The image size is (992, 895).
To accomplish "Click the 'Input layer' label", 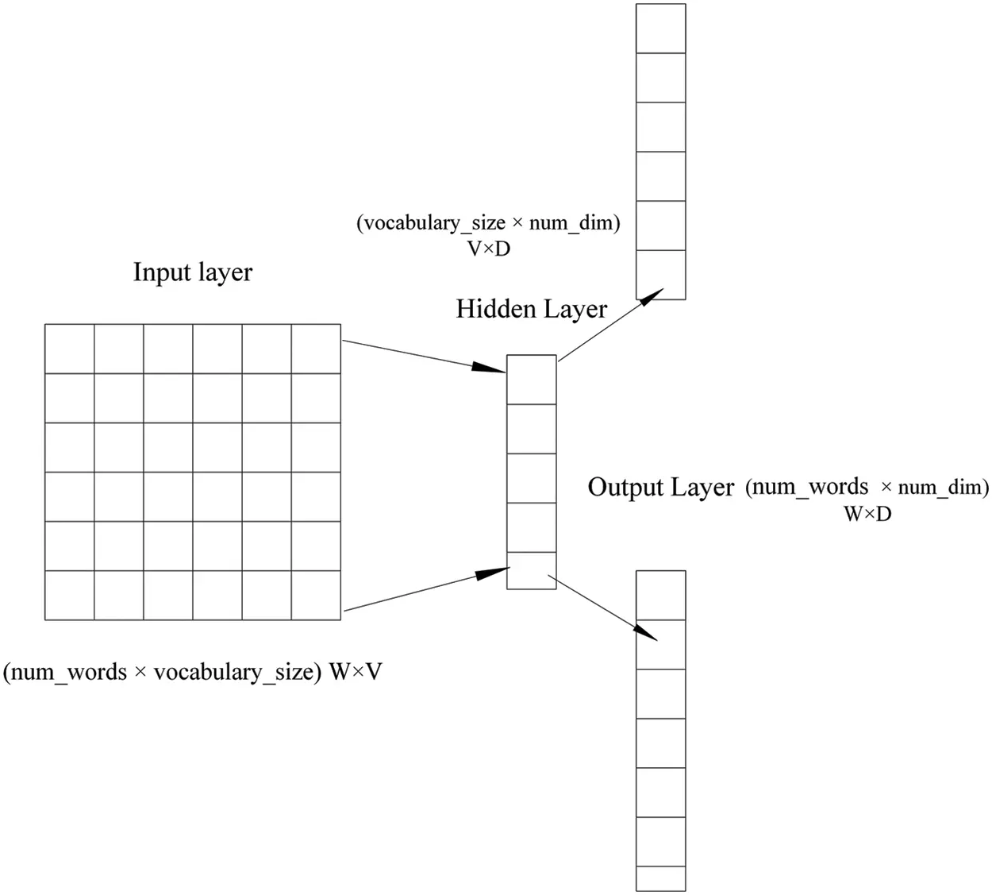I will (193, 272).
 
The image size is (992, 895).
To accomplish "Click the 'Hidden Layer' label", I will (532, 309).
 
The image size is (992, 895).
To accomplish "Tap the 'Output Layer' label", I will (660, 487).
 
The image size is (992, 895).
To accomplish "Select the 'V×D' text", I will (489, 249).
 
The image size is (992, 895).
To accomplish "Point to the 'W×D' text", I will (867, 514).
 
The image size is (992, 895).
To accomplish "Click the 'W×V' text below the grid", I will (356, 673).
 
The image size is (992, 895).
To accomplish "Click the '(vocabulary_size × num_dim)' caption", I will (488, 223).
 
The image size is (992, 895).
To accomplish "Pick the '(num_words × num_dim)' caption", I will (867, 487).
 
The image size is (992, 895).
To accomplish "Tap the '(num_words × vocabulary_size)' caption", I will (163, 673).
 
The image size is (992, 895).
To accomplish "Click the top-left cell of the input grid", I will (70, 349).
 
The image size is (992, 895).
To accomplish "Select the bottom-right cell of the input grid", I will (316, 595).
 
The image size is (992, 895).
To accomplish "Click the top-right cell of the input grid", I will (316, 349).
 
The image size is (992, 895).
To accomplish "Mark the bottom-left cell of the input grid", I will (70, 595).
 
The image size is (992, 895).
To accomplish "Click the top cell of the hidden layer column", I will (532, 380).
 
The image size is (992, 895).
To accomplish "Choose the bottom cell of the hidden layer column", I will (532, 570).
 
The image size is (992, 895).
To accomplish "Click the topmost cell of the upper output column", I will (661, 29).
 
